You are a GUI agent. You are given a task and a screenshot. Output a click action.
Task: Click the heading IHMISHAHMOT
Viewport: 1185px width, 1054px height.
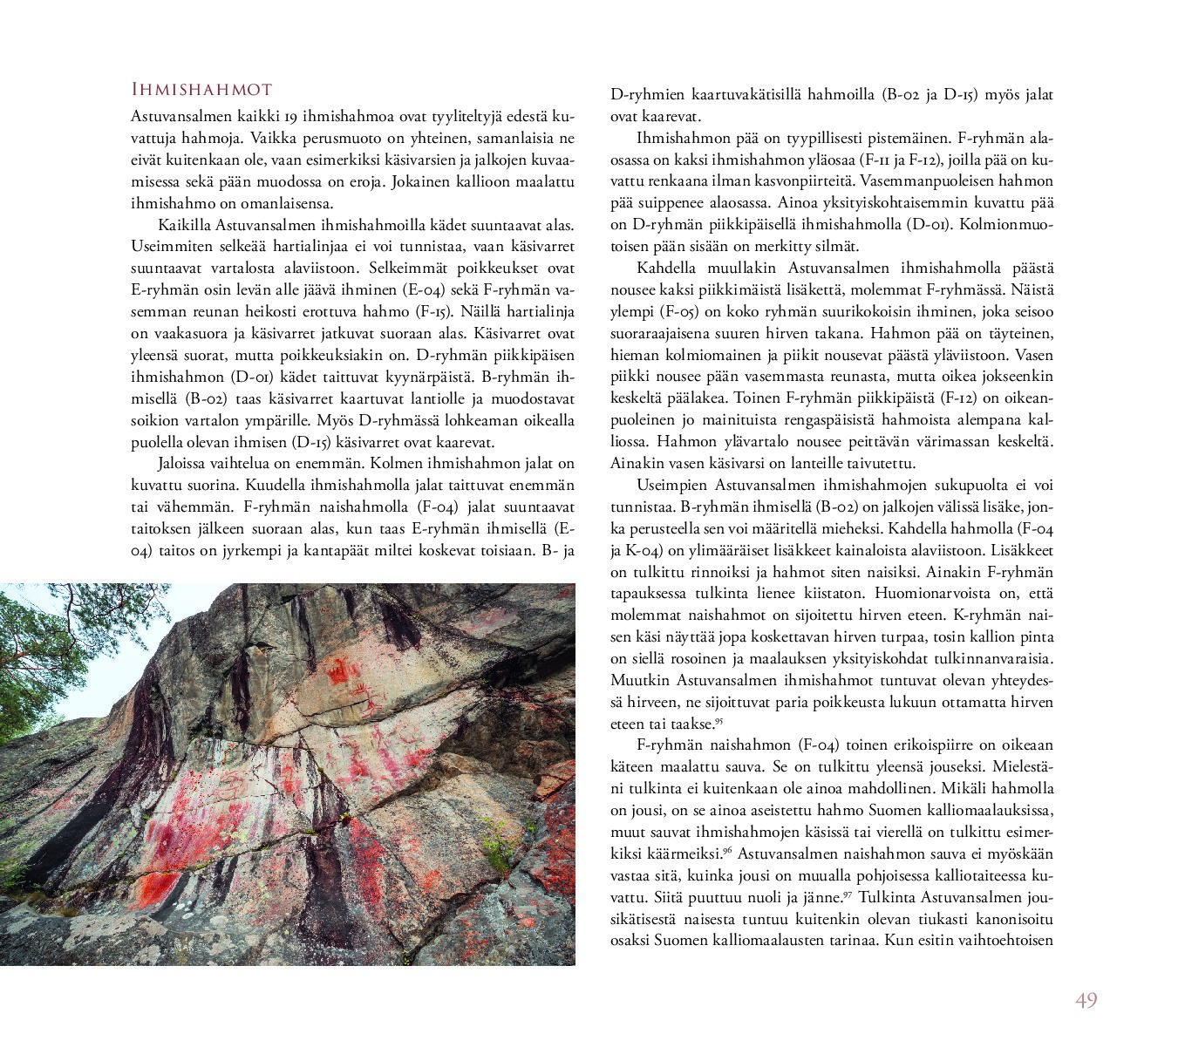pos(201,89)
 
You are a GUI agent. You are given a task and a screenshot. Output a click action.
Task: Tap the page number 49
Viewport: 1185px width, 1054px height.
pos(1086,1000)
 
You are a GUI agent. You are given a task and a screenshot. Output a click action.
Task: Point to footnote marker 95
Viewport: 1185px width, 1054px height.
pos(719,720)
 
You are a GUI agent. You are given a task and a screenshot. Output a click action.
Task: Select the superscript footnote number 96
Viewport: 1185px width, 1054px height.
pos(727,850)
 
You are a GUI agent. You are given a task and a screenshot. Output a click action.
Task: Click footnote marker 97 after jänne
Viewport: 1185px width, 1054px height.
pos(848,894)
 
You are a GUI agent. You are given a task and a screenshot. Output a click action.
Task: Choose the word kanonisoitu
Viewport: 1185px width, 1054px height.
pos(1011,919)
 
